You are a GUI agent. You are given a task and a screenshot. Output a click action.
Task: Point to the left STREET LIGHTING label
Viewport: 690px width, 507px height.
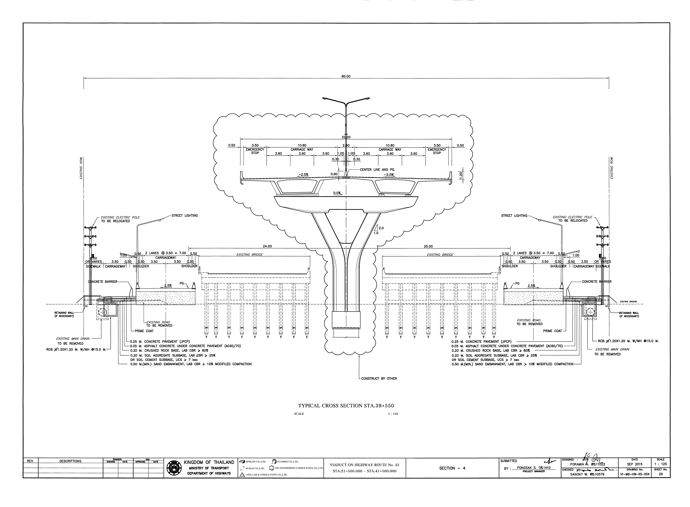pos(185,215)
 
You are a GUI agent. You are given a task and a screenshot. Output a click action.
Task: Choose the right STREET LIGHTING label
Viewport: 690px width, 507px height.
pos(514,215)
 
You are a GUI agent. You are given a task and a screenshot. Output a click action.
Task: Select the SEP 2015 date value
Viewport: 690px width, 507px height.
pos(634,464)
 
